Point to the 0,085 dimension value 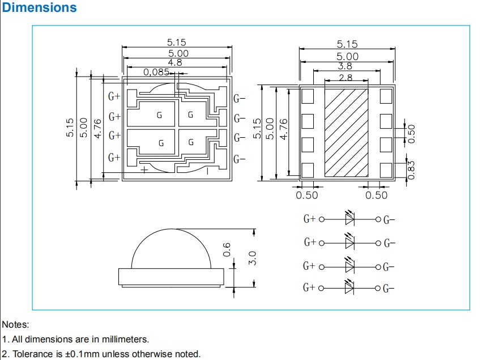(156, 72)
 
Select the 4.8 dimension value (176, 63)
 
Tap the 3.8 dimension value (346, 66)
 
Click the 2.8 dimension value (346, 78)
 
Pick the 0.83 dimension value (412, 169)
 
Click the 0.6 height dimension (227, 249)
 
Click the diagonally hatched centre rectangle (346, 132)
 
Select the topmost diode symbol (349, 219)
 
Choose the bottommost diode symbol (349, 287)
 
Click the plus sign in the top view (144, 169)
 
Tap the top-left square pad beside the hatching (308, 96)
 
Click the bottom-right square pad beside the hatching (386, 169)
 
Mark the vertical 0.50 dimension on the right (412, 134)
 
